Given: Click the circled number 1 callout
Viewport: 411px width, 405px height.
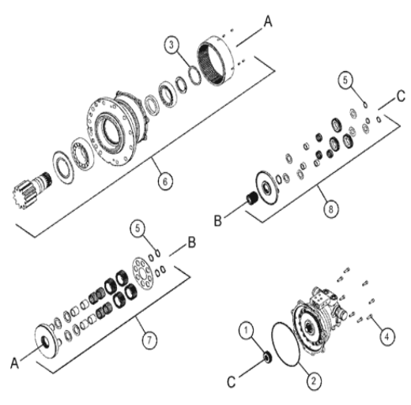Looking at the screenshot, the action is pos(247,330).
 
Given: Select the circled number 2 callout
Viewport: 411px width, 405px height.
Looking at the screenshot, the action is pos(314,381).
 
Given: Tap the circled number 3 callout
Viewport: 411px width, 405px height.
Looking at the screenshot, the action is pos(172,45).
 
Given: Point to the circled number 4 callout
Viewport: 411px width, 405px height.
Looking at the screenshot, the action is pos(387,336).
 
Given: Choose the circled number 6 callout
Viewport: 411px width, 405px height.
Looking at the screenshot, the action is pos(165,182).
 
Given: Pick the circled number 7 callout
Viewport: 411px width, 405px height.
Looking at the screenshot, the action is pos(149,340).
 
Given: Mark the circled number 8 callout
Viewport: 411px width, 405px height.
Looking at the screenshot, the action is pos(330,209).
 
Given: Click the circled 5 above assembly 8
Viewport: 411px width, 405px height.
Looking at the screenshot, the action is pos(345,80).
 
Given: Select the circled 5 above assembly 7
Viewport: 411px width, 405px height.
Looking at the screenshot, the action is pos(138,228).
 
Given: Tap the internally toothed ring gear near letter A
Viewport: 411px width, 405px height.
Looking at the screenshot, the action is pos(216,60).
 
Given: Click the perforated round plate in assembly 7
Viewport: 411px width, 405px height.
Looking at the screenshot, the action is pos(142,273).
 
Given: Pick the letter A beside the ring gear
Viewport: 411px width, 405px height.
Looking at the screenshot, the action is pos(268,21).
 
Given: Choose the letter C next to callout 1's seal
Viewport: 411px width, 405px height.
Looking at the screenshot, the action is pos(232,381).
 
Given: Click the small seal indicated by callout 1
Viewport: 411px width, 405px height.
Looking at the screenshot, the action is pos(268,358).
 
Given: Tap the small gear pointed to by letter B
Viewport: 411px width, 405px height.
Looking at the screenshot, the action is pos(251,198).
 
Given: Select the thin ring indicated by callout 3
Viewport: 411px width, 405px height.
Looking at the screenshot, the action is pos(195,76).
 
